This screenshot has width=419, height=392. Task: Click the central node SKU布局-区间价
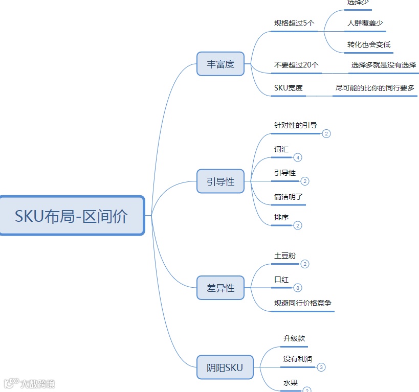72,216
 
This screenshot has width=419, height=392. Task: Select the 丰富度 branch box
220,64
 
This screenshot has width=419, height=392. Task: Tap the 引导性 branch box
220,181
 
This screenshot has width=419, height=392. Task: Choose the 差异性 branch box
220,288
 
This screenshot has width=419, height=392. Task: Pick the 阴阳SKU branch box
225,367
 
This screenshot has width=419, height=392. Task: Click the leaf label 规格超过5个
294,23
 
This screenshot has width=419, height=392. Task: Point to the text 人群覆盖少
365,23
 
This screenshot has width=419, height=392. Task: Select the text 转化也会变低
368,44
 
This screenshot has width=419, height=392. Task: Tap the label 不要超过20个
296,65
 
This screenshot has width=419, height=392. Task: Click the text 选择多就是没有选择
383,65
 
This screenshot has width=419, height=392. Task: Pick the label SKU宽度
289,88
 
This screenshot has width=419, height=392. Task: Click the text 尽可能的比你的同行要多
375,88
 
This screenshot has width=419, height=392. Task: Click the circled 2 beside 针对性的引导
326,133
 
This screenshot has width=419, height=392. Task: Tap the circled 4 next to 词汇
298,157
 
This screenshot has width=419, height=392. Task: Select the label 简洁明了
289,196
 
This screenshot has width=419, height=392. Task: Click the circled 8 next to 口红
298,288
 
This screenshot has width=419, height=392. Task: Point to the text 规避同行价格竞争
303,303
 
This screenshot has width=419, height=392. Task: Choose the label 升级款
294,338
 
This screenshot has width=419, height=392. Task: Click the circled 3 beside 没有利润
321,367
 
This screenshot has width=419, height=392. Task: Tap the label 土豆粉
285,256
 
